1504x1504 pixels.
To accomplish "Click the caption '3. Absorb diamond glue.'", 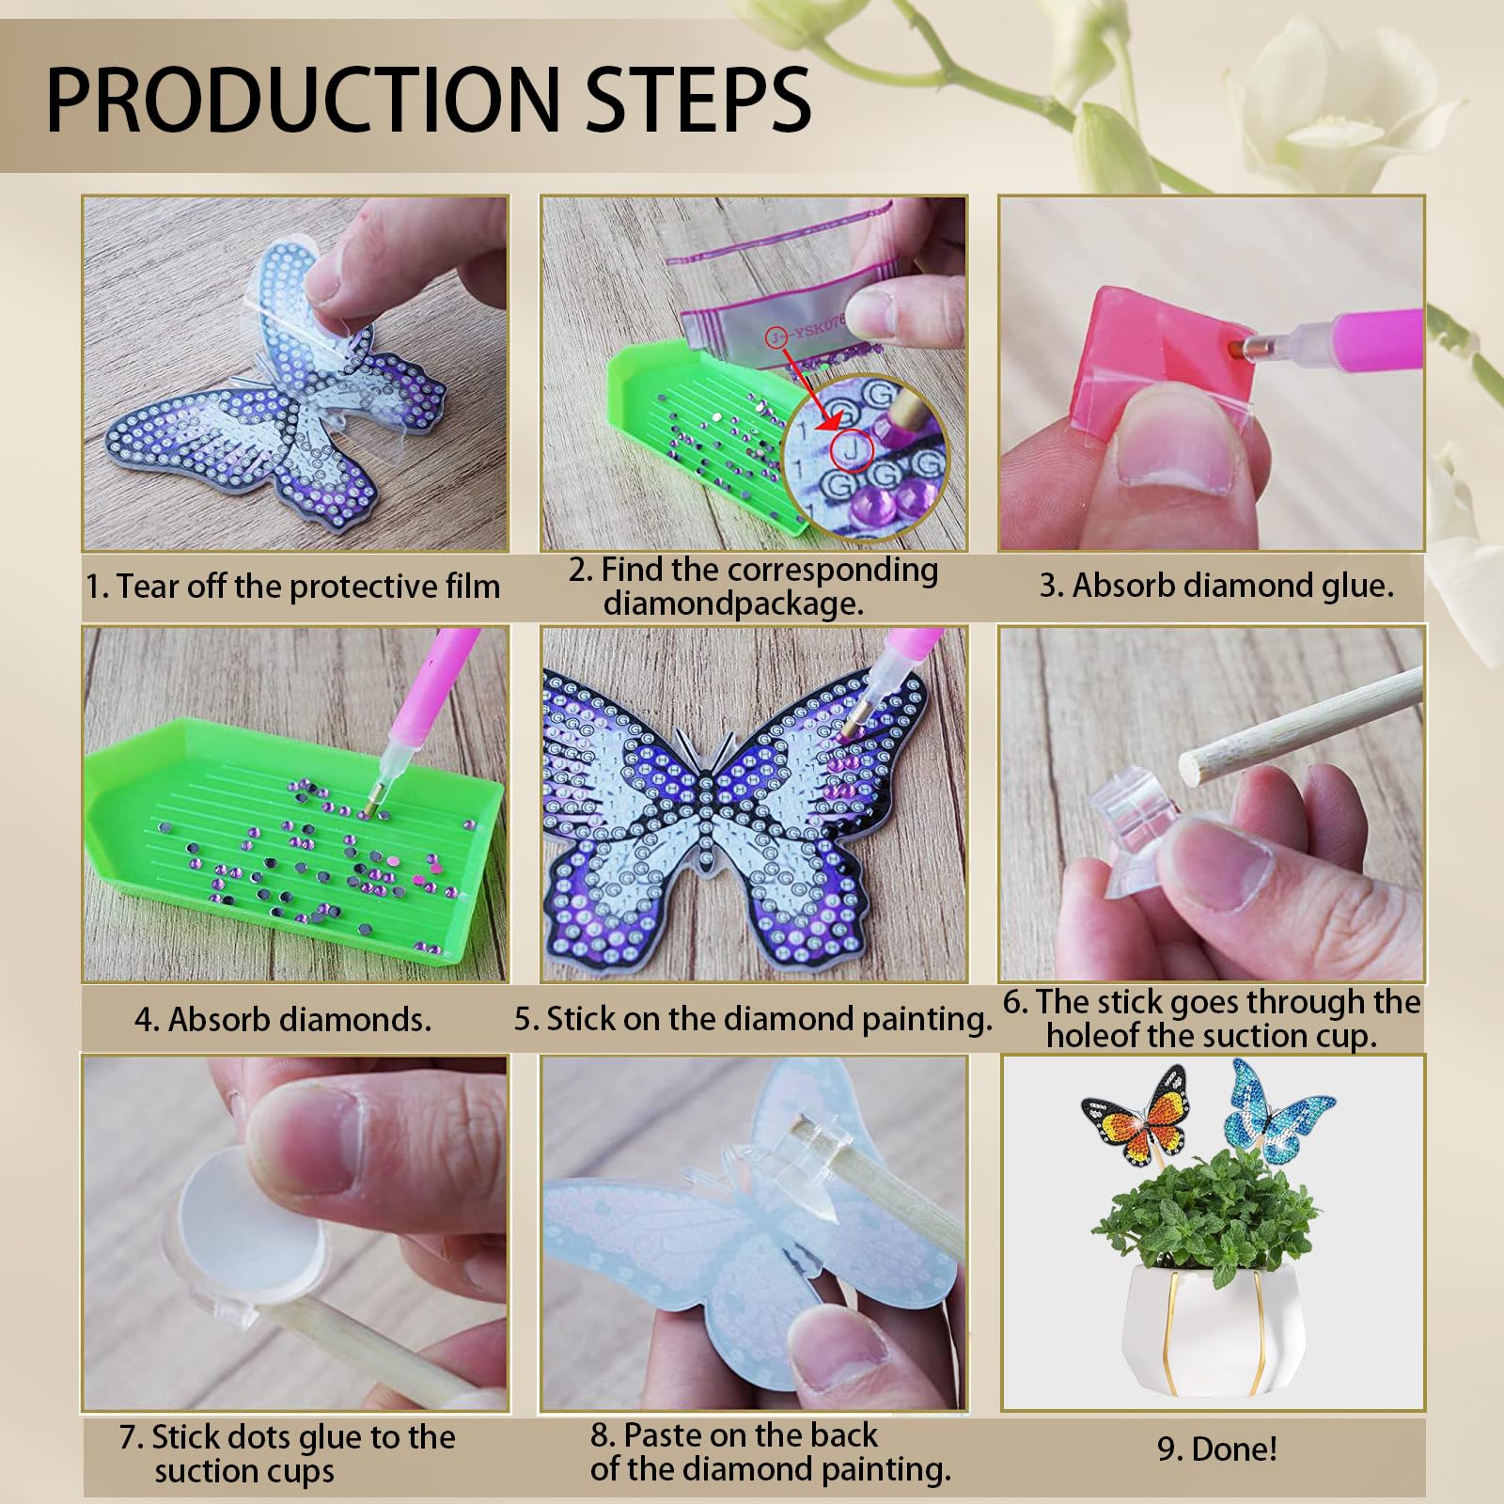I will tap(1216, 586).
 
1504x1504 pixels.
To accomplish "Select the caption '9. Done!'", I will tap(1216, 1449).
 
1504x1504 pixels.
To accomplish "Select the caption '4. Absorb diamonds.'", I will tap(283, 1020).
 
